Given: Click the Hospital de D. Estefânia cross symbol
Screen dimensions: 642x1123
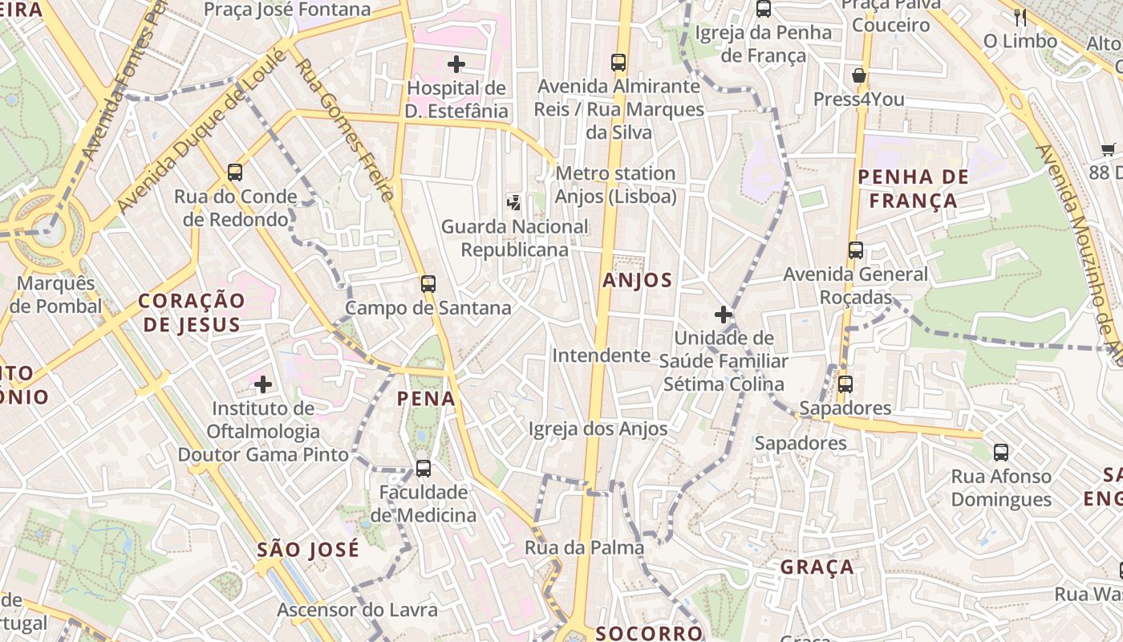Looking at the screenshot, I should (x=456, y=64).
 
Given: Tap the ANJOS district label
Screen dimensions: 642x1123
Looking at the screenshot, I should (x=637, y=280).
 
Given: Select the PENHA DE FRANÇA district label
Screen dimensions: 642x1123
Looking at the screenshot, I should (x=913, y=189).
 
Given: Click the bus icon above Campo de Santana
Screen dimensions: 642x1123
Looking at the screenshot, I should (x=428, y=283).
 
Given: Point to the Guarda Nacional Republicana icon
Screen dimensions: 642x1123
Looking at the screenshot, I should (x=513, y=203).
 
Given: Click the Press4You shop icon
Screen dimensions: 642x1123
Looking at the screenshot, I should (x=859, y=75).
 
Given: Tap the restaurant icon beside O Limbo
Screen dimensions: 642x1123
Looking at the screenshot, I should (x=1020, y=17).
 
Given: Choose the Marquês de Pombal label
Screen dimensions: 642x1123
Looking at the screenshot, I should (x=55, y=295).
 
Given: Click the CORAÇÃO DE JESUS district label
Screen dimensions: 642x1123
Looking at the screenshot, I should (x=191, y=312).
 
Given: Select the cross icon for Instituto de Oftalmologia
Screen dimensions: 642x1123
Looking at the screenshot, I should (x=263, y=384).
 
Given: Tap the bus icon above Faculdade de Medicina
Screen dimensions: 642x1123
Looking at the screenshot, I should (x=423, y=468).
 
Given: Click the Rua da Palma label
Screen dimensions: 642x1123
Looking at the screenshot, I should (x=584, y=547).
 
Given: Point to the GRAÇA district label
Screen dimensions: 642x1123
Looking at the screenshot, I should (x=817, y=567).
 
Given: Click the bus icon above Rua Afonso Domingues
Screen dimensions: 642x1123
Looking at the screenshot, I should (x=1001, y=452).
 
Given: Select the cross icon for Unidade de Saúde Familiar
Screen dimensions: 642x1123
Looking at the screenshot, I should (x=724, y=315).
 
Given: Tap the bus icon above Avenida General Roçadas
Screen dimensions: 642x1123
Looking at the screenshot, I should (x=856, y=250).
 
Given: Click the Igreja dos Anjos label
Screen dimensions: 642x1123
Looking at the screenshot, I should (x=598, y=429).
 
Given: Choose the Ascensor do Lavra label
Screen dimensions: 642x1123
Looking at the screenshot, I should (x=358, y=610).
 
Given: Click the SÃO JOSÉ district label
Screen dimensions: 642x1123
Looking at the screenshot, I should (x=308, y=550).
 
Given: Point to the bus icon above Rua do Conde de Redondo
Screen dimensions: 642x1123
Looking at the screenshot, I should (x=235, y=172).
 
